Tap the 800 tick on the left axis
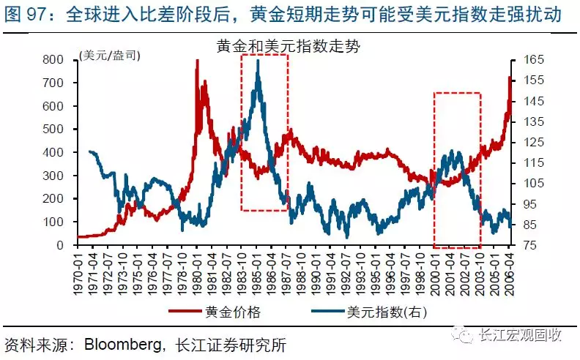(64, 59)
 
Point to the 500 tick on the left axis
(64, 129)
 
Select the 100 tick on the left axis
(64, 222)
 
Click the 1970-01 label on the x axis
(81, 272)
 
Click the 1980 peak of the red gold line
(196, 61)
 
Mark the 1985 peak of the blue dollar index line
(258, 61)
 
